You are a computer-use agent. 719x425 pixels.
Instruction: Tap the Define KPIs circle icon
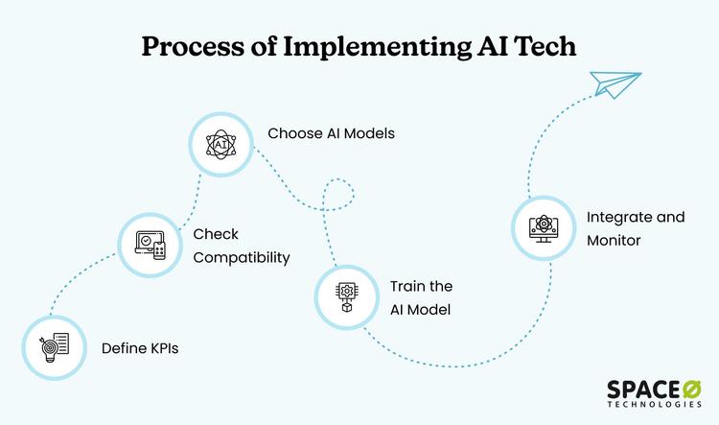[x=51, y=346]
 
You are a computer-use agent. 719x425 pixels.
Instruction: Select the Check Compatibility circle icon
[x=150, y=245]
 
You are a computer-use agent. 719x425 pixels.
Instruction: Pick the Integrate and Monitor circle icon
[x=542, y=228]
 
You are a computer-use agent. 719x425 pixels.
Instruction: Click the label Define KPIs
[x=140, y=347]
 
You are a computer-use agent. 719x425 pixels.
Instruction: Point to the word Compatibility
[x=241, y=258]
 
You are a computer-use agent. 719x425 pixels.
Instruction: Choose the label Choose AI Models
[x=331, y=133]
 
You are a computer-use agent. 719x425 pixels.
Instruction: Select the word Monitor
[x=615, y=241]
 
